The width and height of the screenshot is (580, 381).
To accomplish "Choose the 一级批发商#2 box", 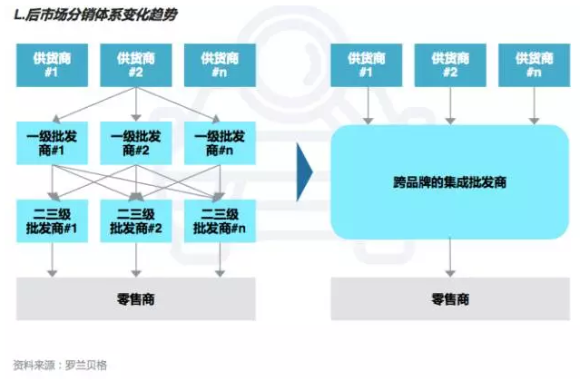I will pyautogui.click(x=135, y=142).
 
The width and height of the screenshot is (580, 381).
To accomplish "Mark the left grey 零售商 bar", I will pyautogui.click(x=135, y=298).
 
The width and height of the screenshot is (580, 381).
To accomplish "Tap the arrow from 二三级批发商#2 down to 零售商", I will pyautogui.click(x=135, y=261).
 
